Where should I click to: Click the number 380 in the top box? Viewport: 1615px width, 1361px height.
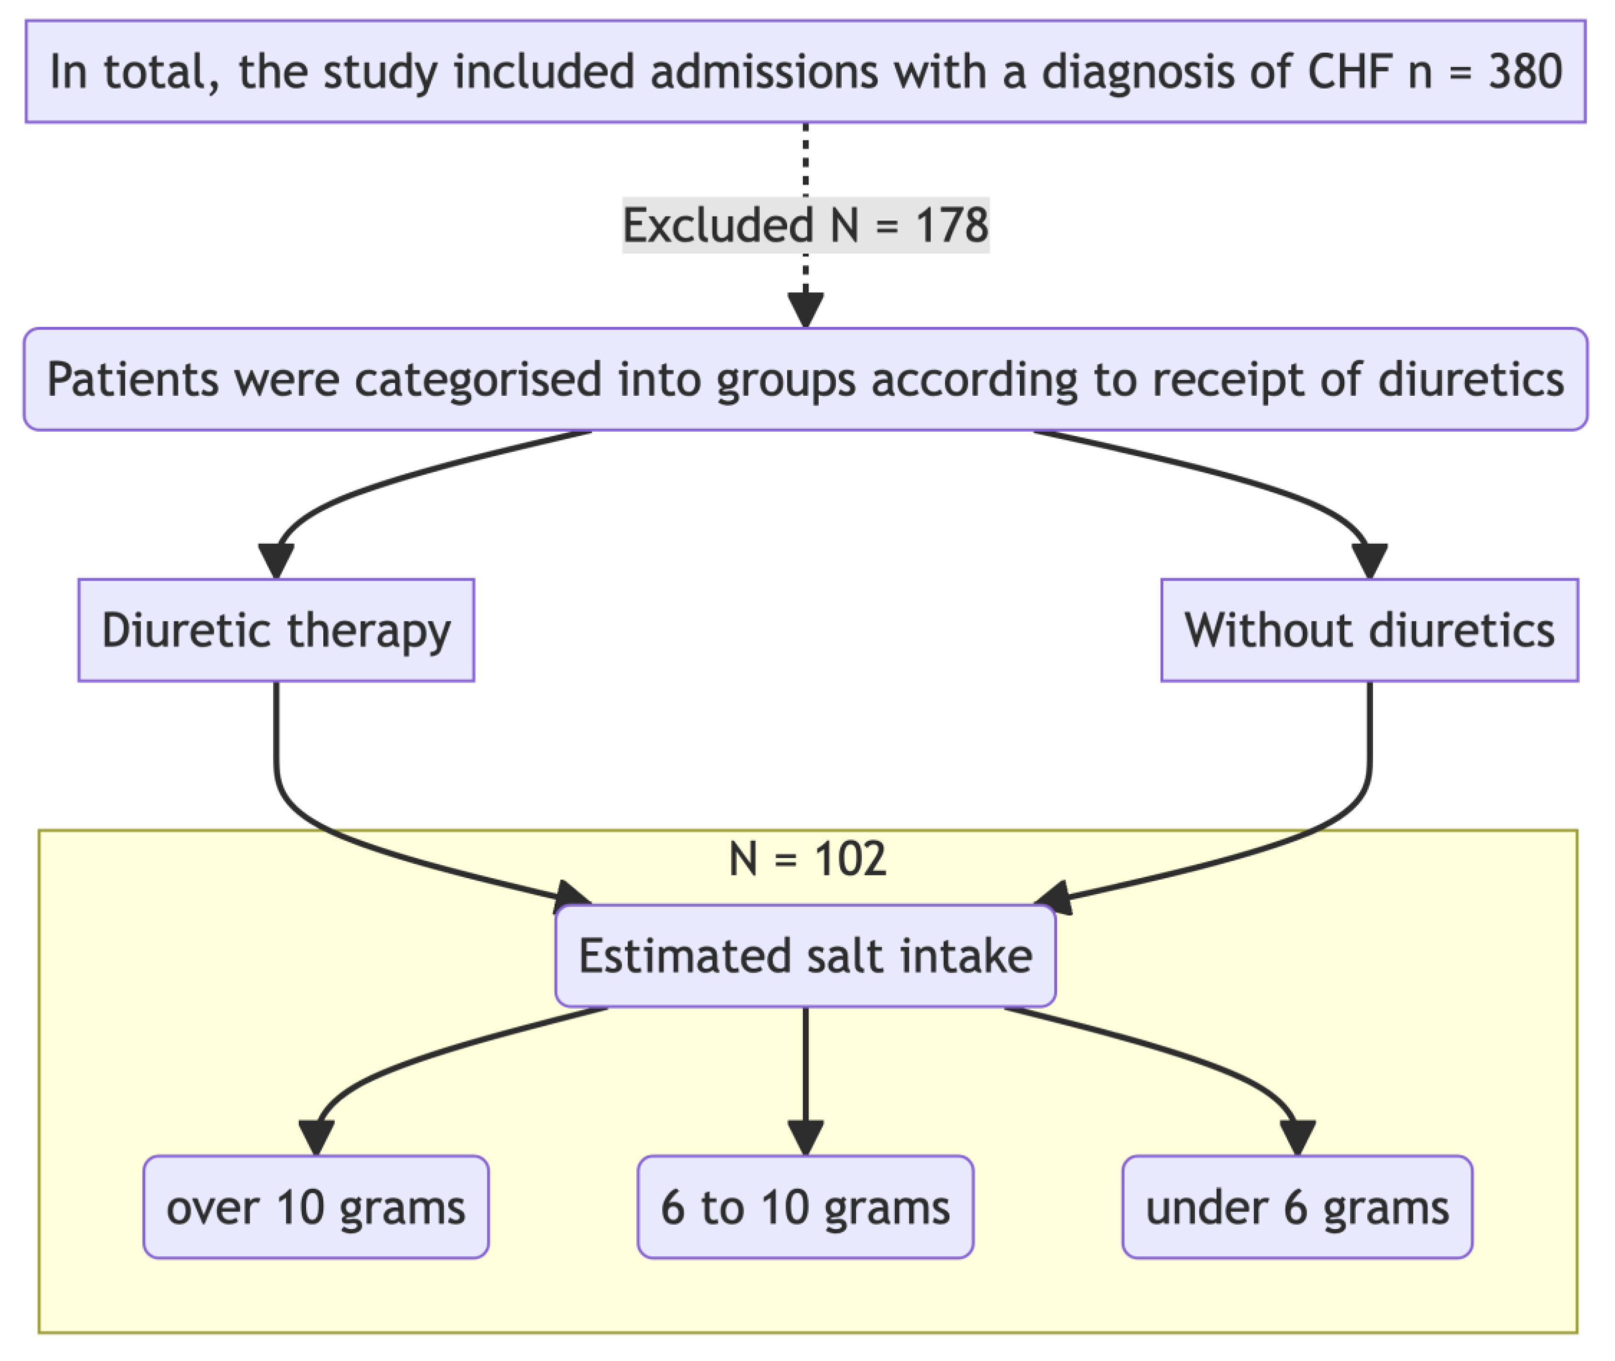click(1525, 72)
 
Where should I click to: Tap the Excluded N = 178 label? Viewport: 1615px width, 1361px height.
click(805, 225)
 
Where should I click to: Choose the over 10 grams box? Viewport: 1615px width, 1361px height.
click(316, 1208)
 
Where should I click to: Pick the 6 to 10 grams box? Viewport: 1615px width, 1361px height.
click(805, 1208)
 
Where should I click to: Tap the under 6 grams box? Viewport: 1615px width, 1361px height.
click(1297, 1208)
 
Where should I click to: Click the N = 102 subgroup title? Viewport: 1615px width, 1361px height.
click(807, 859)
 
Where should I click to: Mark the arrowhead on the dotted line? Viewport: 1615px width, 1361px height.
click(805, 310)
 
